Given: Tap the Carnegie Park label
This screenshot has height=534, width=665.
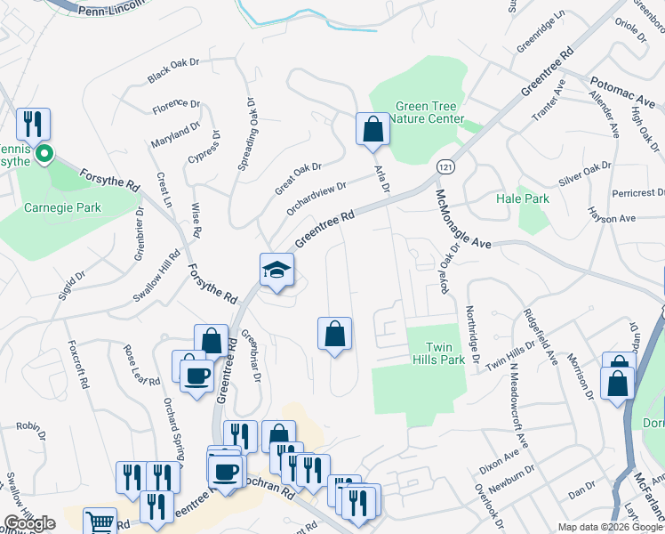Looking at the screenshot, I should [x=62, y=208].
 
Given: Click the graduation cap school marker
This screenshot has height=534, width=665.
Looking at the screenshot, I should [x=276, y=271].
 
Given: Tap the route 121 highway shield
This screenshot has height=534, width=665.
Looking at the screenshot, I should [x=446, y=166].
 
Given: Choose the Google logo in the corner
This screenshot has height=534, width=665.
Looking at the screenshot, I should [x=28, y=523].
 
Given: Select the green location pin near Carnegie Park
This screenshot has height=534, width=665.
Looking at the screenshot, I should [x=43, y=157].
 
